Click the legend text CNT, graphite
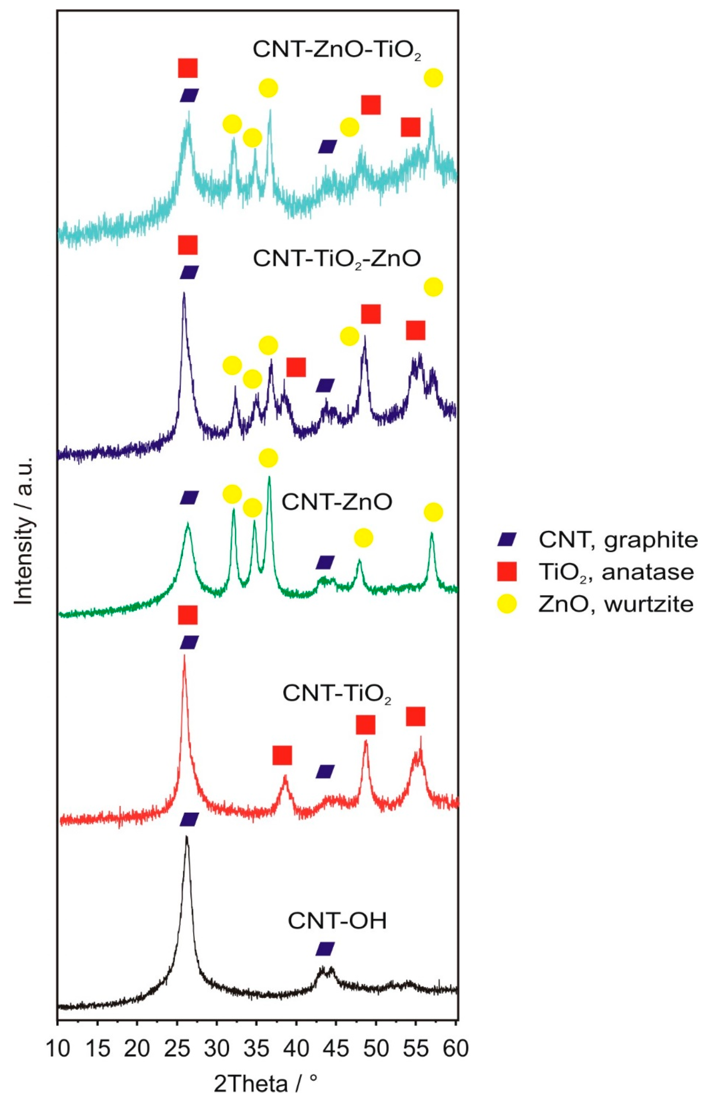tap(618, 540)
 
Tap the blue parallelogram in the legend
tap(507, 540)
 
